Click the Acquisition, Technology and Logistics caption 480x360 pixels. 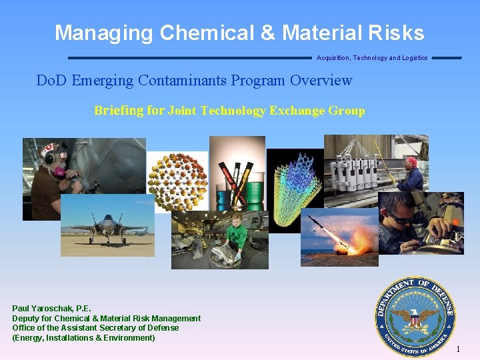[372, 58]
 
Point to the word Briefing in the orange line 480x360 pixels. [119, 111]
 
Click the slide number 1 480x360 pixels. [458, 349]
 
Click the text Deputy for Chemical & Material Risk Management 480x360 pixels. [107, 319]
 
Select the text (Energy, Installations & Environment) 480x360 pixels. [83, 338]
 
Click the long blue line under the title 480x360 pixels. [189, 57]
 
